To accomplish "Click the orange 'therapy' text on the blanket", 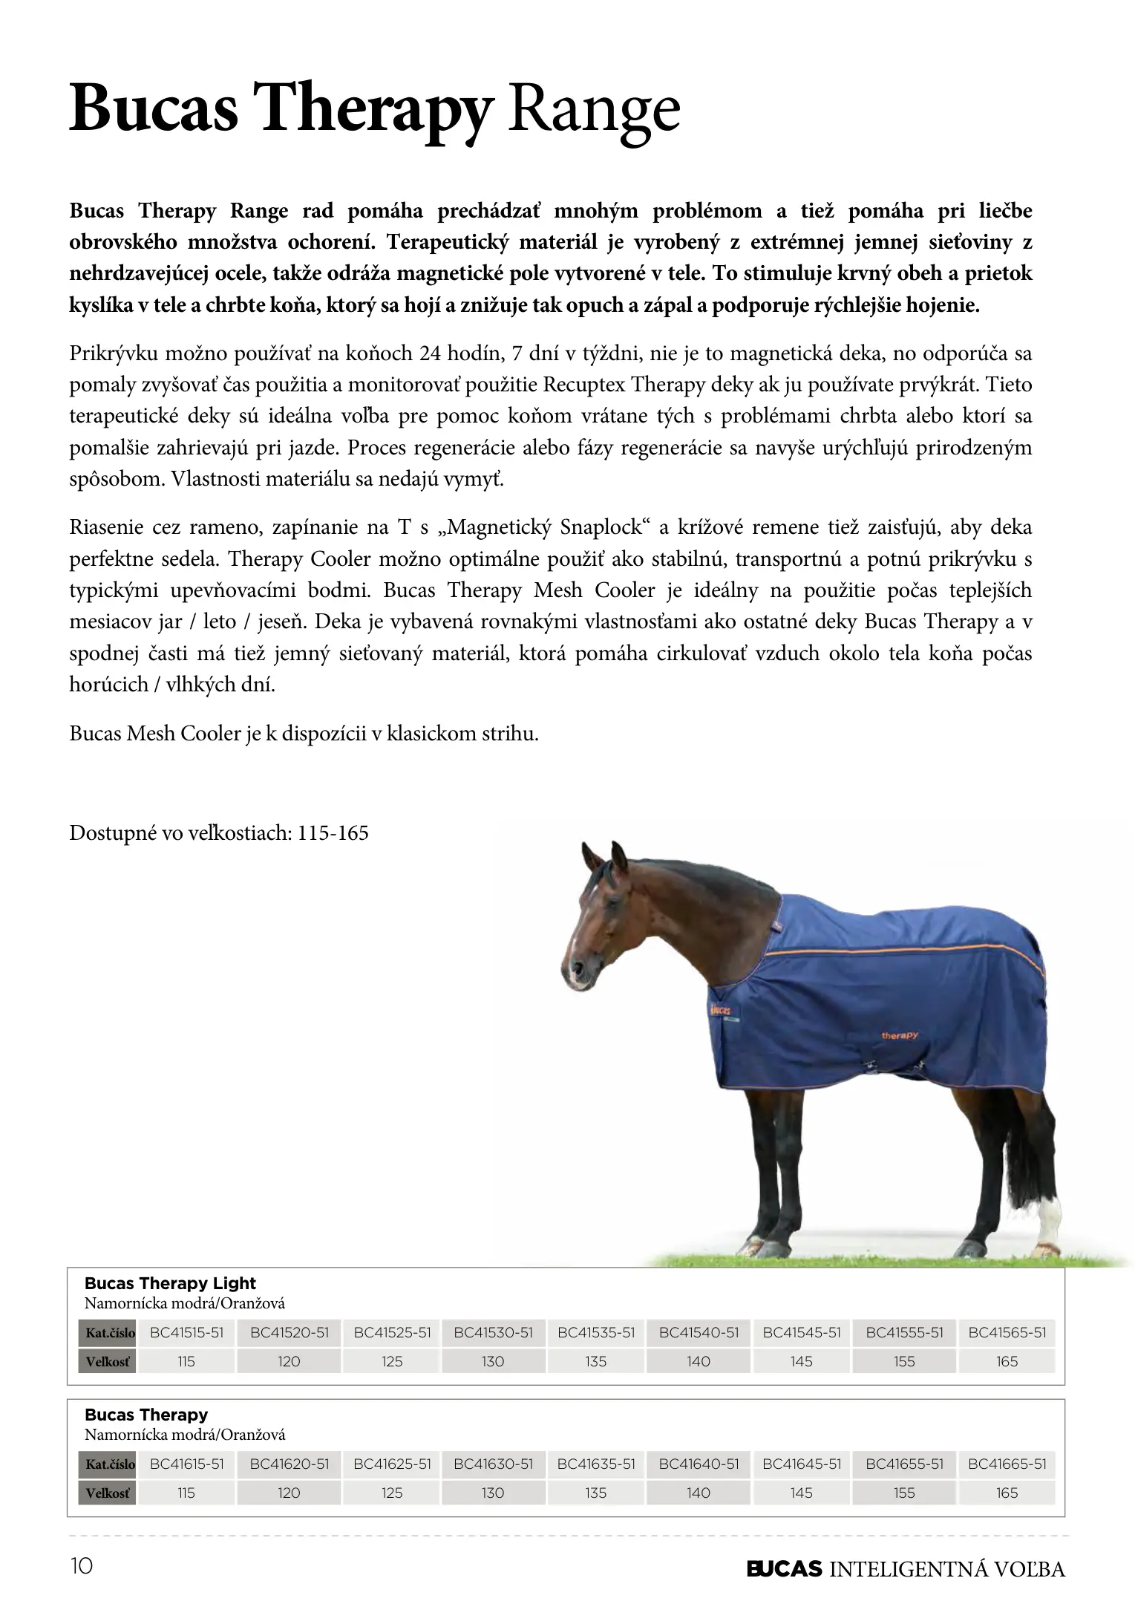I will coord(900,1035).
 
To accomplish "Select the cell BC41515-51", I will coord(186,1332).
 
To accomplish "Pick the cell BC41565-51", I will coord(1007,1332).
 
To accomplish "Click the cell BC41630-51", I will coord(493,1464).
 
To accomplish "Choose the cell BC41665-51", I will coord(1007,1464).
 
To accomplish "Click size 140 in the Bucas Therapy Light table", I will coord(699,1361).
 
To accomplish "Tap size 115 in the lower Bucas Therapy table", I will coord(186,1493).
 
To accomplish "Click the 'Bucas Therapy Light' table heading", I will coord(170,1283).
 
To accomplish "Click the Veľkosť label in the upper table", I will coord(108,1362).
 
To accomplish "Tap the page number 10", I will coord(82,1567).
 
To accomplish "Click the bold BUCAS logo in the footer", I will coord(784,1568).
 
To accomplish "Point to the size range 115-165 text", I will coord(333,833).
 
